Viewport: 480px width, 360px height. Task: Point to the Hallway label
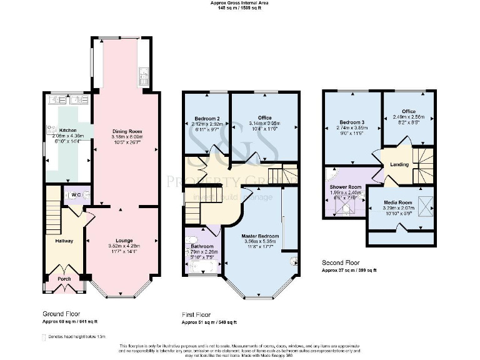pyautogui.click(x=64, y=241)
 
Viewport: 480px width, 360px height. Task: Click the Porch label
pyautogui.click(x=64, y=279)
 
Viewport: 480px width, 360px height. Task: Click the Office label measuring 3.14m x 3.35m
pyautogui.click(x=264, y=118)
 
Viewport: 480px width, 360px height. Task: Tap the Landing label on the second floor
pyautogui.click(x=399, y=164)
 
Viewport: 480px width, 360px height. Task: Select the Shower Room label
pyautogui.click(x=346, y=186)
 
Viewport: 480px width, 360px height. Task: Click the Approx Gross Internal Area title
pyautogui.click(x=239, y=3)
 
